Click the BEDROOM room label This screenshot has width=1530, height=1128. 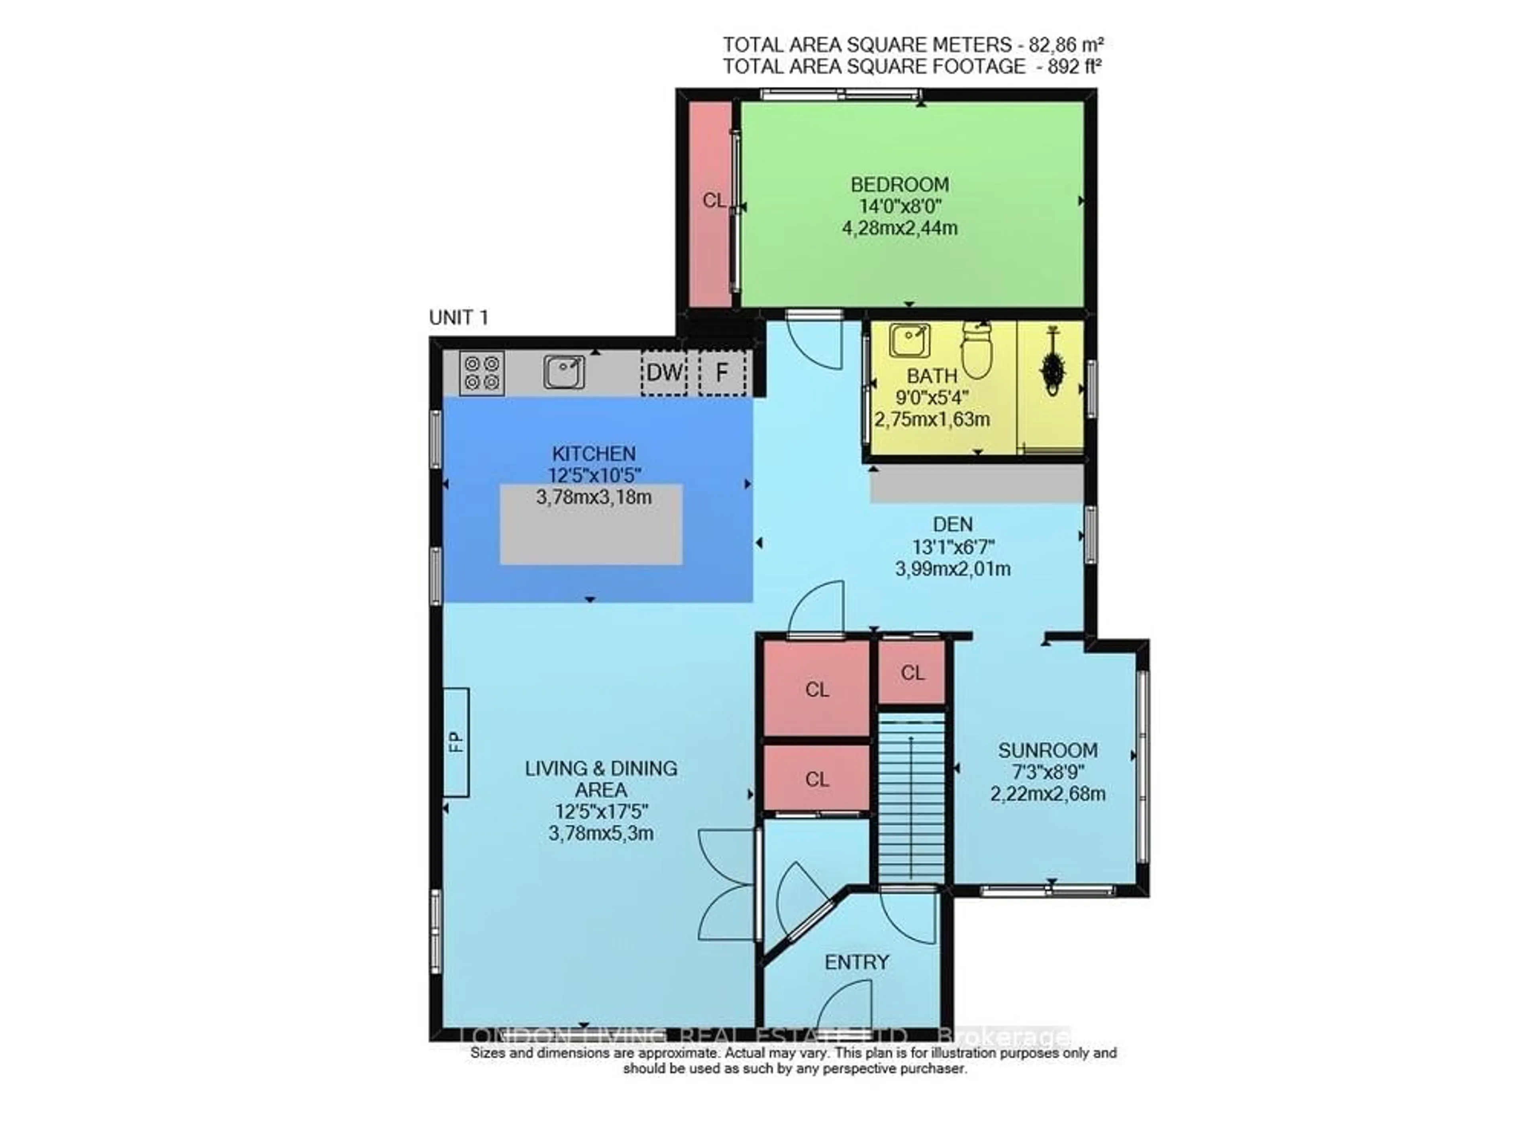(x=899, y=185)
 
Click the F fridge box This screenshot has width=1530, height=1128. (x=721, y=373)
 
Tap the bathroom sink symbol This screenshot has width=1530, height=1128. (x=908, y=341)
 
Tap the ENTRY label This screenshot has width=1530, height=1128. (x=857, y=962)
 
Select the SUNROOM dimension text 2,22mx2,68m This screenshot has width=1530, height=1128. (x=1047, y=794)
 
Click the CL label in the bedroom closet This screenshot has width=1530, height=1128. (x=713, y=200)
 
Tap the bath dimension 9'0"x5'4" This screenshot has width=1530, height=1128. (x=932, y=397)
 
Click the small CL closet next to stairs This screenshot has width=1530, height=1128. (x=912, y=673)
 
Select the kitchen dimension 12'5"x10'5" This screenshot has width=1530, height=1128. (x=594, y=475)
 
